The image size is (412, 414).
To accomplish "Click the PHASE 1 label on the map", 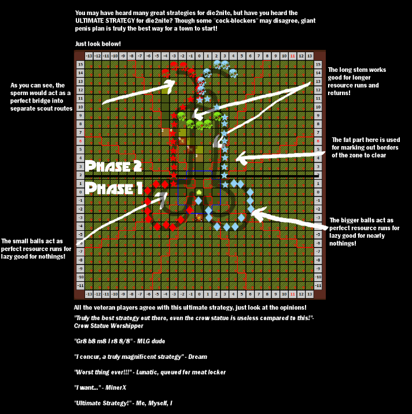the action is pyautogui.click(x=113, y=189).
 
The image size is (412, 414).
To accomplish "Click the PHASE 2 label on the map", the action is pyautogui.click(x=113, y=166).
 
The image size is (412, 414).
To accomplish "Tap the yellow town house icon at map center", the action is pyautogui.click(x=199, y=191).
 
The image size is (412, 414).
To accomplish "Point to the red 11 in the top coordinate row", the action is pyautogui.click(x=293, y=56).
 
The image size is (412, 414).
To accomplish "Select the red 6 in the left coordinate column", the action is pyautogui.click(x=80, y=140).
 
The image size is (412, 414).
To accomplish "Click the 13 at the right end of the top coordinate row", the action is pyautogui.click(x=310, y=56).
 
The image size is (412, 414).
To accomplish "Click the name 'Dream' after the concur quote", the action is pyautogui.click(x=198, y=357).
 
